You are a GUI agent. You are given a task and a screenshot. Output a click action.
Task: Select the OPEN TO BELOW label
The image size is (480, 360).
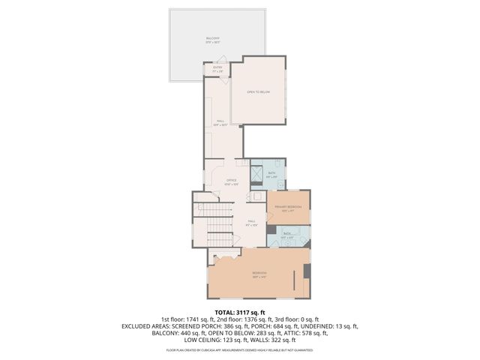click(x=259, y=91)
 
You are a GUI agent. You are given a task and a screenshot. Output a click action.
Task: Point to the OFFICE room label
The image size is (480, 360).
click(x=232, y=181)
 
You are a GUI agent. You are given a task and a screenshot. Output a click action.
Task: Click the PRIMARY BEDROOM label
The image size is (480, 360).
click(x=287, y=207)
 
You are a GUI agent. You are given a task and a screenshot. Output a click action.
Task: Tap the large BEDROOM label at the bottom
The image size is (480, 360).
click(x=259, y=273)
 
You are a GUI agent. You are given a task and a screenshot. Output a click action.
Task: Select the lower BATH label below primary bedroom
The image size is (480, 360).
click(x=286, y=234)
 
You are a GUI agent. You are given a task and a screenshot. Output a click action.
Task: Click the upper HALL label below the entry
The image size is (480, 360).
click(x=220, y=121)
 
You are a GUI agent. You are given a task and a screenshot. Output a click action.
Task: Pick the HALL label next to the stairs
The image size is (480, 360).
click(x=252, y=222)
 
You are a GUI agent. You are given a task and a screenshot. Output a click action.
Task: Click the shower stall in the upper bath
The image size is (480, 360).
click(x=257, y=178)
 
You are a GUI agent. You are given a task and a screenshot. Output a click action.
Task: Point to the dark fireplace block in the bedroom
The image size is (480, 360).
click(x=305, y=269)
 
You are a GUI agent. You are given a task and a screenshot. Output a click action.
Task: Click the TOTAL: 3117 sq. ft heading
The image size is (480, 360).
click(x=240, y=312)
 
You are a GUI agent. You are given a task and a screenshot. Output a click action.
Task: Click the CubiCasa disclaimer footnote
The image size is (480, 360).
click(x=240, y=350)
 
